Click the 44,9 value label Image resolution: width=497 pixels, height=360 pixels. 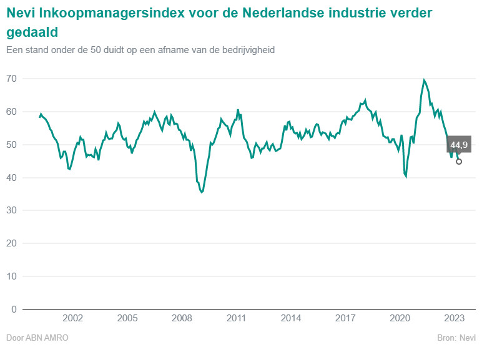coord(459,145)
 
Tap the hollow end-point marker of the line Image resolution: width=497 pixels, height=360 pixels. coord(459,162)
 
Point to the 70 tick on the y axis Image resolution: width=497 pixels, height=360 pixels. coord(11,79)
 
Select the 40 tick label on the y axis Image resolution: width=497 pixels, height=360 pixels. coord(11,178)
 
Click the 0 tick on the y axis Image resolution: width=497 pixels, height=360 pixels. coord(14,309)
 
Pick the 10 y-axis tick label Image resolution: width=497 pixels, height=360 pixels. coord(11,276)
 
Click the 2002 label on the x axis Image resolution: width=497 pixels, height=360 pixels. coord(73,318)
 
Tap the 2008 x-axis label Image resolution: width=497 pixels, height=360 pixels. coord(182,318)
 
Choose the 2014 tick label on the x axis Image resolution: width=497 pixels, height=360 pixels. coord(291,318)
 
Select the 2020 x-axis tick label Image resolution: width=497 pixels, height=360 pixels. coord(400,318)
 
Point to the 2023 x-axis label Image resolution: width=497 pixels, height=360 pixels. coord(454,318)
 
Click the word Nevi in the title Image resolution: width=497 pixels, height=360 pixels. coord(21,13)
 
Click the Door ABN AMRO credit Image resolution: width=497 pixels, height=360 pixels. coord(37,338)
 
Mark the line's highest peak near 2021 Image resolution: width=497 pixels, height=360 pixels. coord(424,80)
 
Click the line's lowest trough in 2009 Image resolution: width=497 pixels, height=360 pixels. coord(201,192)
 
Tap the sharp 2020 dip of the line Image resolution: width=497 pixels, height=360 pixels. coord(406,177)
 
